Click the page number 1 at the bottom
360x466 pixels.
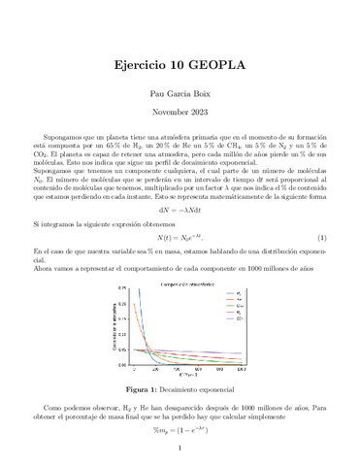(x=180, y=449)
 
